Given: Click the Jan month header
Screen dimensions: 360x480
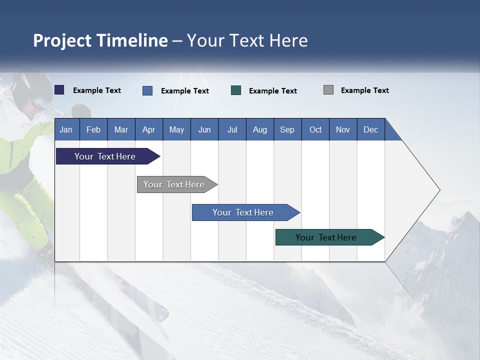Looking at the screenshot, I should (x=66, y=129).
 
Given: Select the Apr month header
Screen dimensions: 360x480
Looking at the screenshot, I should (x=149, y=129).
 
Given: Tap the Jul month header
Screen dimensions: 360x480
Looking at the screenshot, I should (x=232, y=129).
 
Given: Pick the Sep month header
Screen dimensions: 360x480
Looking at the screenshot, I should (x=287, y=129).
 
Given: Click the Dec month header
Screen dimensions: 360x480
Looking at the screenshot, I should (x=371, y=129).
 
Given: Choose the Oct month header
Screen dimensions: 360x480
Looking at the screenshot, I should (x=315, y=129).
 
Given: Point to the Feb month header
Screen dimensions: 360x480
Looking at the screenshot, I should (x=93, y=129).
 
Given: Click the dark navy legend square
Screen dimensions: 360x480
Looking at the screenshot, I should (x=59, y=90).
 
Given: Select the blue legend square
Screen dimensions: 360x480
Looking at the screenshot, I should (x=147, y=90).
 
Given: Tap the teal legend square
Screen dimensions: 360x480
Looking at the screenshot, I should (x=236, y=90).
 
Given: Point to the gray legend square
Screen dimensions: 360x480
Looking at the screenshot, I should (x=328, y=90).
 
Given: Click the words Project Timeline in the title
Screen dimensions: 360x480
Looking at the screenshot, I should (x=100, y=40).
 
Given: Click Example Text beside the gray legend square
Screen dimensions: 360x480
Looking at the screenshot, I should (x=364, y=90).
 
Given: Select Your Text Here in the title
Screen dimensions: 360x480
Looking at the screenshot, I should (x=247, y=40).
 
